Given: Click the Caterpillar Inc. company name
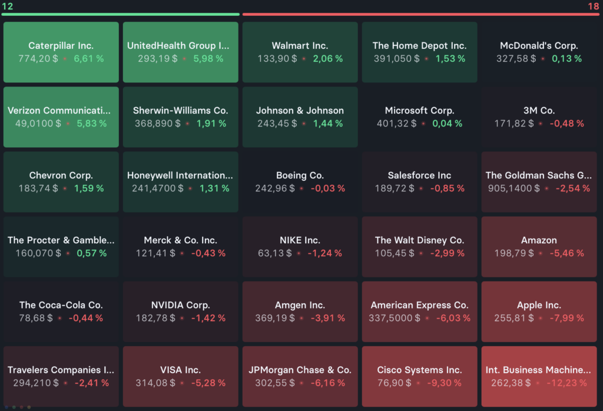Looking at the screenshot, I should point(61,45).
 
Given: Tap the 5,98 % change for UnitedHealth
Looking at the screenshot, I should point(208,58).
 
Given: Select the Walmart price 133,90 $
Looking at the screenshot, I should point(277,58).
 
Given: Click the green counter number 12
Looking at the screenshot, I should point(7,6).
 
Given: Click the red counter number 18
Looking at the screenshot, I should point(593,6).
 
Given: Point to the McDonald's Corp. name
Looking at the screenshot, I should point(539,45).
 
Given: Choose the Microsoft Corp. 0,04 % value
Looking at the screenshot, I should point(447,123).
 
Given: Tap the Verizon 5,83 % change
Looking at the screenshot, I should point(91,123).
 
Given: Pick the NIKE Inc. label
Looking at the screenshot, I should point(300,240).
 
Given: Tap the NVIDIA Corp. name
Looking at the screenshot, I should point(180,304).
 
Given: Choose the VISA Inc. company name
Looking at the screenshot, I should point(180,369).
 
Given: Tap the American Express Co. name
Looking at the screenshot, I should point(419,304).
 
